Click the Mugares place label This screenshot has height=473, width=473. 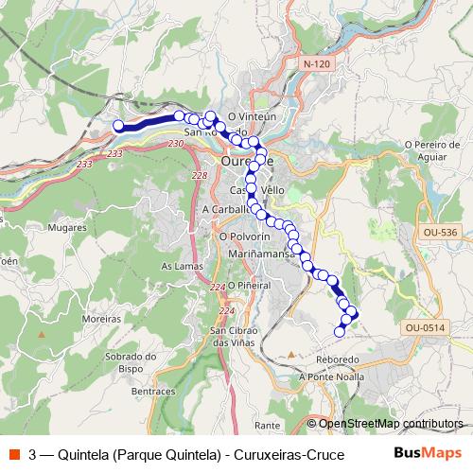pos(40,228)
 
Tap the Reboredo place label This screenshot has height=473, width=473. pos(339,360)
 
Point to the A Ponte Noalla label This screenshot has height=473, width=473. pos(330,377)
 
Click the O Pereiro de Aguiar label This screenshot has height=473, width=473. pos(430,151)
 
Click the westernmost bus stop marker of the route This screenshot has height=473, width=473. pos(118,126)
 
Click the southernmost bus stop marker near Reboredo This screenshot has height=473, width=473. pos(340,331)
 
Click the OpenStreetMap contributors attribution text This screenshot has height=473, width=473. pos(391,424)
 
